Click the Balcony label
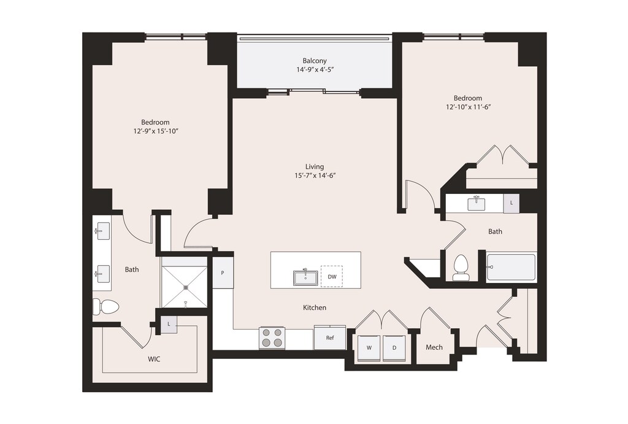click(x=315, y=61)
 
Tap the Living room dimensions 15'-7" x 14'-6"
click(x=315, y=175)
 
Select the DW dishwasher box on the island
click(x=332, y=277)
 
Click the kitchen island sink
click(x=305, y=278)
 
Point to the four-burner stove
click(x=272, y=337)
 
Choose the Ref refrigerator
click(x=329, y=337)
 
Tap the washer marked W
click(x=369, y=347)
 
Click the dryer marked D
click(x=394, y=347)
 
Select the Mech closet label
click(x=434, y=347)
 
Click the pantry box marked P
click(x=222, y=273)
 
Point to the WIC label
click(x=154, y=359)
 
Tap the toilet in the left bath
click(x=106, y=307)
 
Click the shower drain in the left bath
click(x=186, y=287)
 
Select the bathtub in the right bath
click(x=511, y=268)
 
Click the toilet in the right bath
click(x=461, y=268)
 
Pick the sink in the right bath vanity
click(x=476, y=203)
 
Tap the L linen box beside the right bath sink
click(x=511, y=202)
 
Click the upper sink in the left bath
click(x=102, y=231)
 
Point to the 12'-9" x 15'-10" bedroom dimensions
click(x=155, y=131)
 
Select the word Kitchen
click(x=315, y=307)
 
